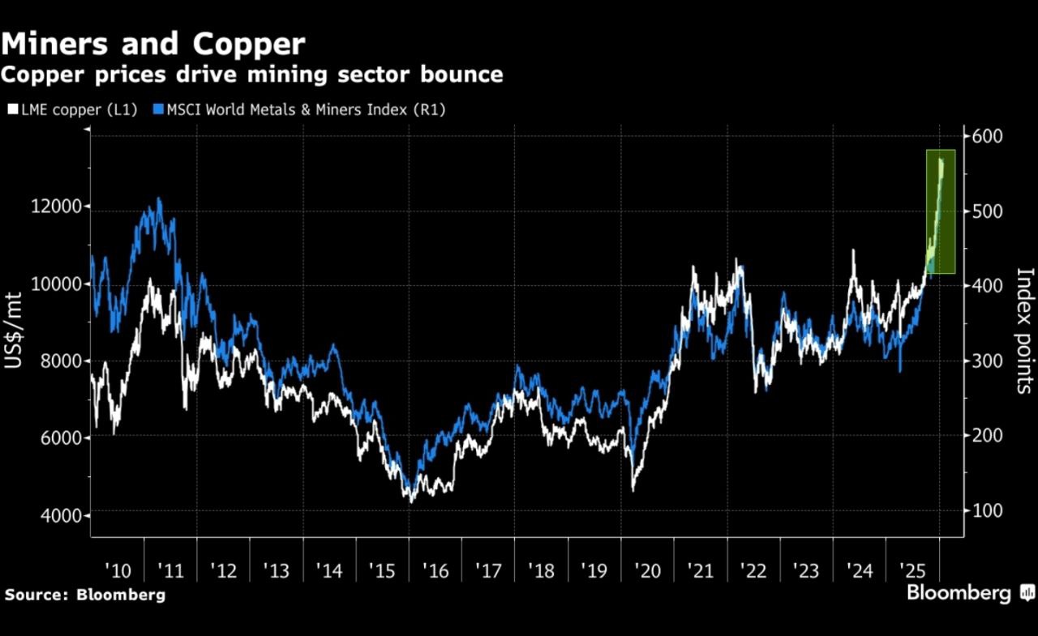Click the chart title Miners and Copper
[x=153, y=44]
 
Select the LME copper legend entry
[x=73, y=110]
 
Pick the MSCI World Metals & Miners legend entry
[x=299, y=110]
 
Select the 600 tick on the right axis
[x=987, y=135]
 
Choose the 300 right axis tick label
[x=987, y=361]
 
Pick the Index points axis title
[x=1024, y=330]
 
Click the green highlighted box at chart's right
[x=941, y=211]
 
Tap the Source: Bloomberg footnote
[x=84, y=595]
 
